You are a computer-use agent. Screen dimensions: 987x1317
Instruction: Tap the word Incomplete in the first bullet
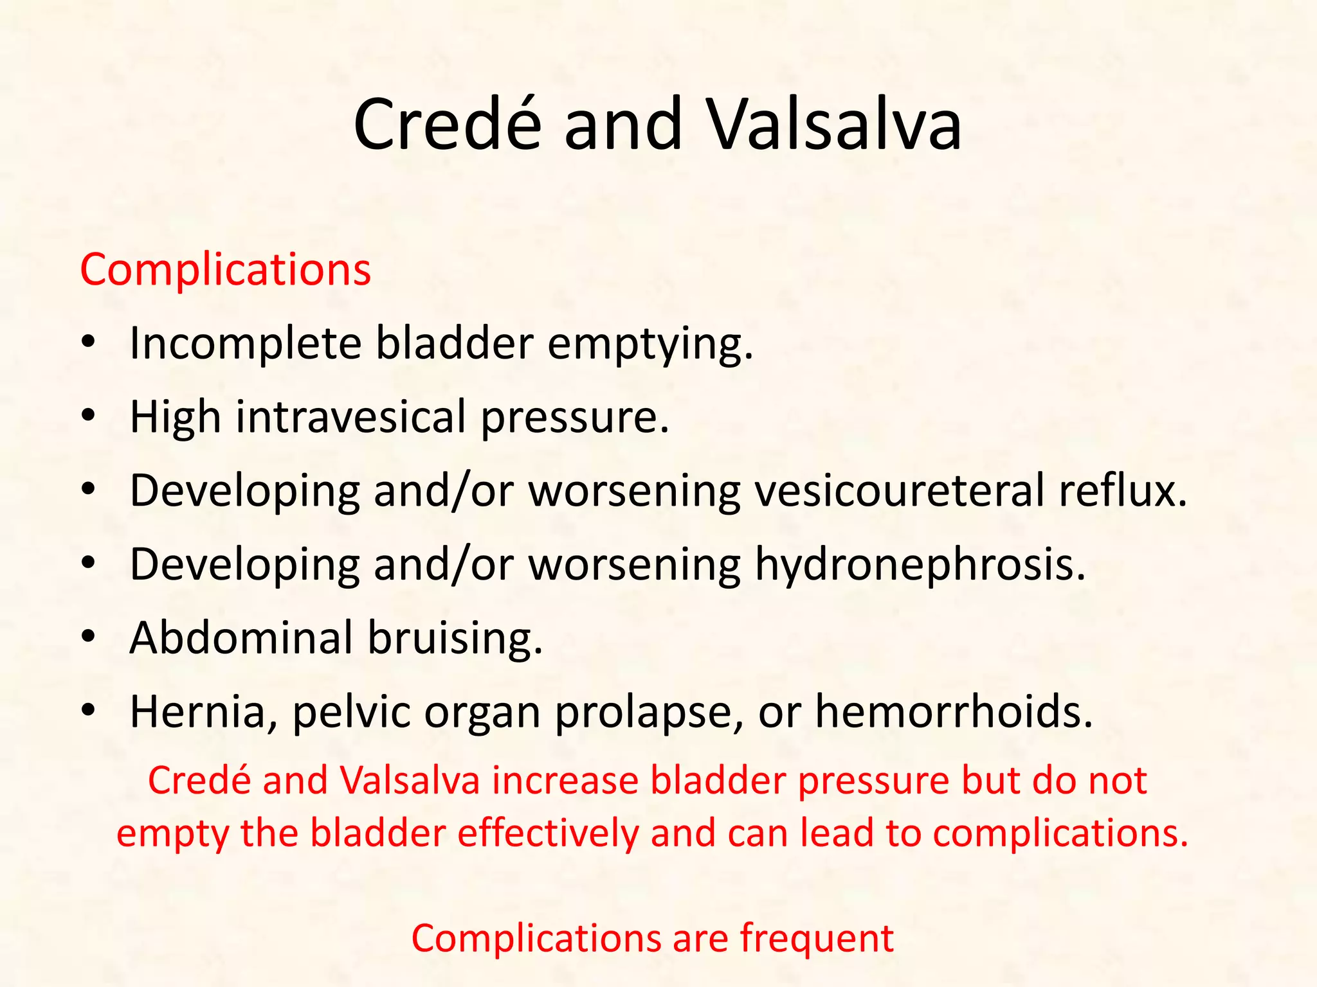[245, 343]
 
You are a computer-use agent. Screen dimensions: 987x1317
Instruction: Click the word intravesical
[350, 417]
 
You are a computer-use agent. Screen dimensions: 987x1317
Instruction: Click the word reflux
[1122, 490]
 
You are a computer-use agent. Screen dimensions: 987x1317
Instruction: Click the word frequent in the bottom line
[817, 939]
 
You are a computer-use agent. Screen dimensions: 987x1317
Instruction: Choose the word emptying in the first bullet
[649, 344]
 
